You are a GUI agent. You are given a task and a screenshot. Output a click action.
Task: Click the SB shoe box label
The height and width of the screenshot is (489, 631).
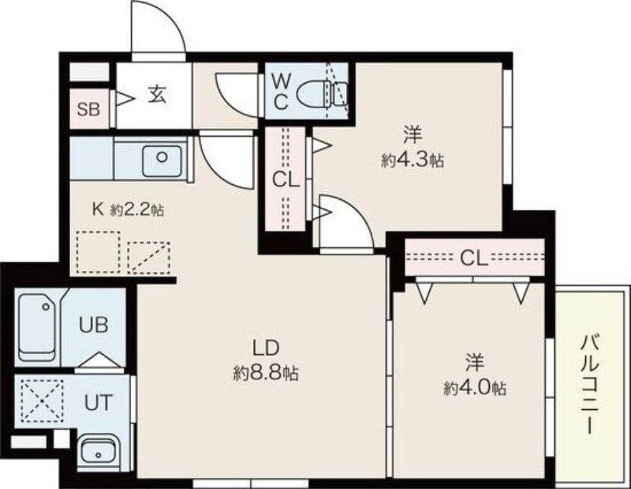pos(88,109)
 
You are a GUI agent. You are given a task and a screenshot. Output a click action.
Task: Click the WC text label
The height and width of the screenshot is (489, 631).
pos(282,90)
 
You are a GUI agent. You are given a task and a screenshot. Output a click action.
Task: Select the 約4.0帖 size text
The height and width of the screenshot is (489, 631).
pos(474,388)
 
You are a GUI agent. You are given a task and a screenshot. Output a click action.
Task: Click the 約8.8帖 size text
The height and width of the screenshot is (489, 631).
pos(265,371)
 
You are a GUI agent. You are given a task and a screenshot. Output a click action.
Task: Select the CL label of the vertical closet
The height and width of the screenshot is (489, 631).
pos(285,179)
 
